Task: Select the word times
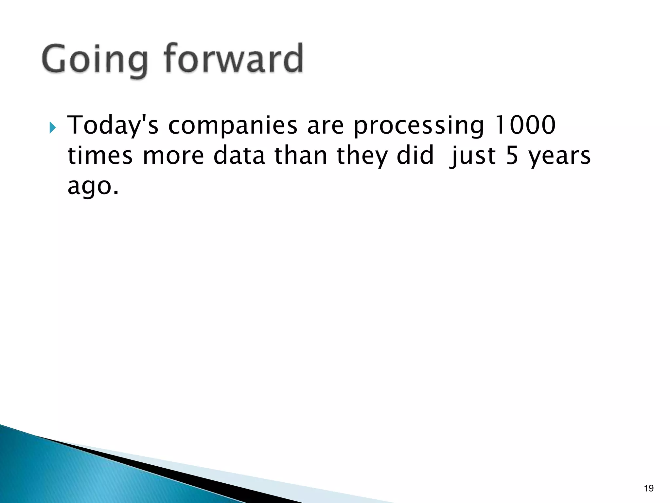pyautogui.click(x=100, y=156)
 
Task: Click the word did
pyautogui.click(x=415, y=156)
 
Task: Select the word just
pyautogui.click(x=473, y=157)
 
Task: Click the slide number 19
pyautogui.click(x=648, y=489)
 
